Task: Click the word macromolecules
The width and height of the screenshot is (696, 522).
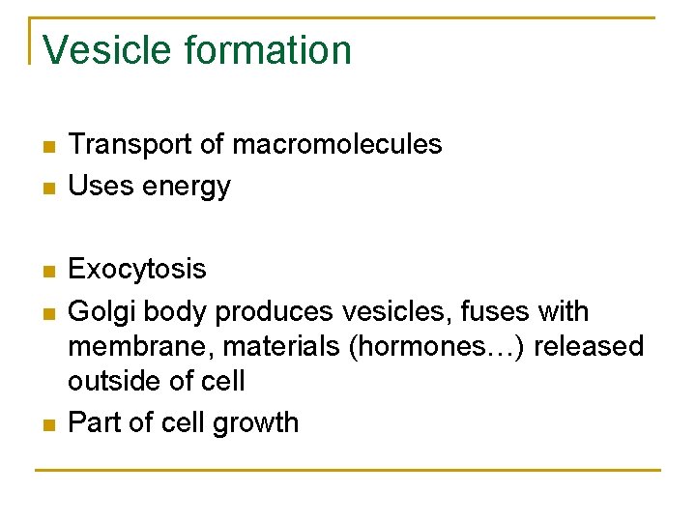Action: click(337, 145)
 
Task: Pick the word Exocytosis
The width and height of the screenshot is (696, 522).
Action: click(137, 269)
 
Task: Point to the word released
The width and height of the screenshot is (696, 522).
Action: click(589, 346)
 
